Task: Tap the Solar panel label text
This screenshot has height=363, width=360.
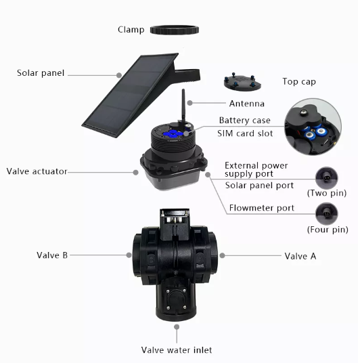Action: [x=41, y=73]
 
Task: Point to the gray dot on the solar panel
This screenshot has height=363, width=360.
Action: [x=119, y=75]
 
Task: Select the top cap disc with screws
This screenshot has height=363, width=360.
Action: [x=242, y=82]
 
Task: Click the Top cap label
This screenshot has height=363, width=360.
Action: [x=299, y=82]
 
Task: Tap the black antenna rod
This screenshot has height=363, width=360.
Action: [x=183, y=106]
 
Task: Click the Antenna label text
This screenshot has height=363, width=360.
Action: [x=246, y=104]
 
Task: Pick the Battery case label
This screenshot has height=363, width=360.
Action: [x=244, y=121]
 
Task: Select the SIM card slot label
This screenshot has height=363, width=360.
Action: [x=245, y=133]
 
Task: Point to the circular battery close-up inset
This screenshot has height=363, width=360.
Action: [x=313, y=127]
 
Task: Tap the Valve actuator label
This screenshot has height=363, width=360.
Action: [x=37, y=171]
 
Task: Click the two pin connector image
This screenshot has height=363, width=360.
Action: [x=327, y=178]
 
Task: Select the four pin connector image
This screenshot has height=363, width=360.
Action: [x=327, y=214]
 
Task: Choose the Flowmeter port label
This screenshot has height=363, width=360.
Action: [x=262, y=208]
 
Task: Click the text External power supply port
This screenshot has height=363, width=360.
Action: [x=256, y=170]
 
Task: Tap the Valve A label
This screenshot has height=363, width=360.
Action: [x=300, y=256]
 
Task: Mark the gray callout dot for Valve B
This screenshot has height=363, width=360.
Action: [x=129, y=255]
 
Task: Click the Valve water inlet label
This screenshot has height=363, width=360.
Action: [x=177, y=350]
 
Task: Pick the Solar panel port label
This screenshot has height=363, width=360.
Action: [x=259, y=186]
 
